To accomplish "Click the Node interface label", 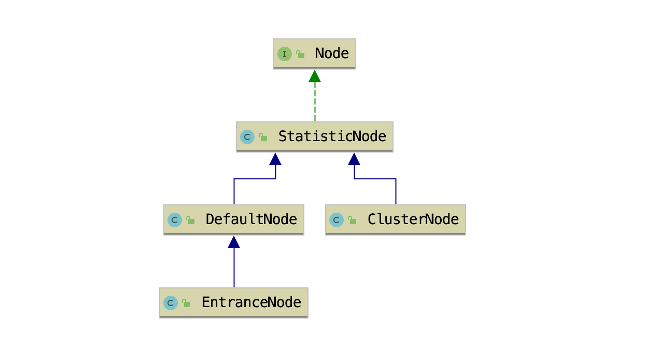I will pos(332,53).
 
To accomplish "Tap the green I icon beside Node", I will pos(284,54).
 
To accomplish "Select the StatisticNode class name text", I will pos(332,136).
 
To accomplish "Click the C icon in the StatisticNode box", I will pos(247,137).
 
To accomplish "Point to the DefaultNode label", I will pos(251,219).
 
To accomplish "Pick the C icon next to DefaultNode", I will pos(175,220).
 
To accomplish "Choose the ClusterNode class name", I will pos(413,219).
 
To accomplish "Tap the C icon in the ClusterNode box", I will pos(336,220).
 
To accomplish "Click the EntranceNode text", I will pos(251,302).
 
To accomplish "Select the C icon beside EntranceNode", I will pos(171,303).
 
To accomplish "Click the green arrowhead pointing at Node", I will pos(315,76).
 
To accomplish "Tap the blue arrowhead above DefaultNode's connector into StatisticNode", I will pos(275,159).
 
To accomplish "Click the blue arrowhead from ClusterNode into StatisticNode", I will pos(354,159).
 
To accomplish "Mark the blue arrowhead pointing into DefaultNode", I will pos(234,242).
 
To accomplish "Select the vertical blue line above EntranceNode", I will pos(234,268).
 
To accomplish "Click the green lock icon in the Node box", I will pos(300,54).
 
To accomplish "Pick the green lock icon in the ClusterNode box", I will pos(353,220).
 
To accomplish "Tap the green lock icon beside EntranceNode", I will pos(187,303).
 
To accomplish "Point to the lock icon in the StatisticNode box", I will pos(263,137).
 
